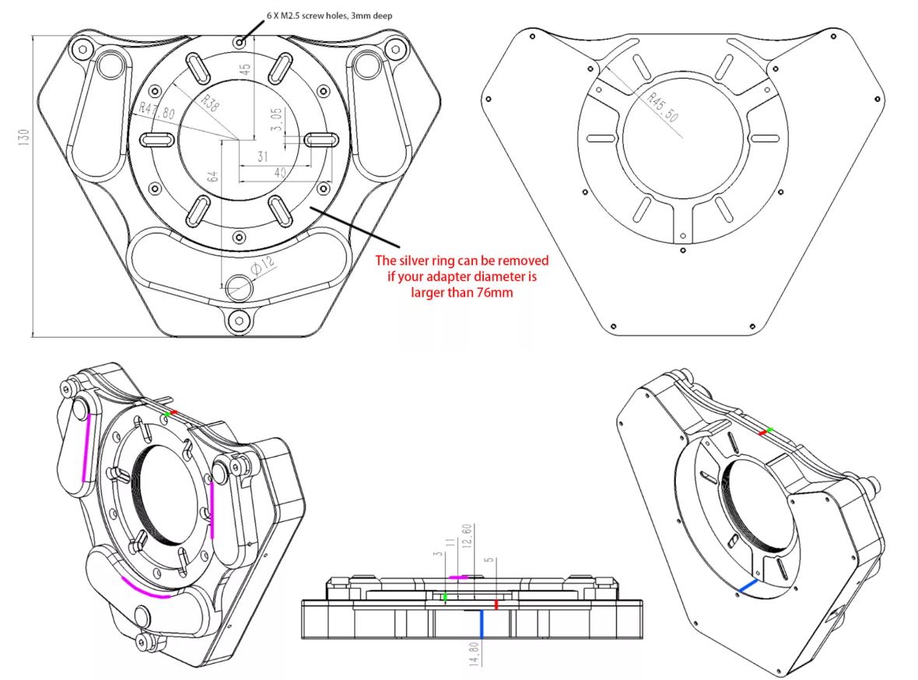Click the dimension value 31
tap(263, 157)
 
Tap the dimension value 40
tap(280, 172)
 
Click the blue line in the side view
tap(482, 624)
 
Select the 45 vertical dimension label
tap(245, 69)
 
